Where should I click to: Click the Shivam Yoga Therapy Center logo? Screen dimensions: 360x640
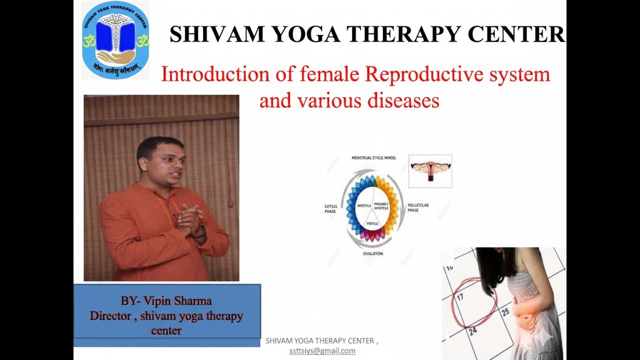click(x=115, y=40)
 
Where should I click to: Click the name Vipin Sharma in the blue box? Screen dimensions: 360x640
click(x=177, y=301)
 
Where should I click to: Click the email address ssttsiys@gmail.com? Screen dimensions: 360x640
click(x=322, y=351)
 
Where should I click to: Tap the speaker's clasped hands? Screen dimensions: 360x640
click(x=189, y=219)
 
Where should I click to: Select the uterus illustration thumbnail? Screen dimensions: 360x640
click(x=430, y=171)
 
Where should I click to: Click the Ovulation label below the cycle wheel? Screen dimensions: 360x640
click(x=373, y=254)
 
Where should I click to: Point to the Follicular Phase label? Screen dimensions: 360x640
click(x=418, y=207)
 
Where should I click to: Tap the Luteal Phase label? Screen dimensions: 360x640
click(x=330, y=208)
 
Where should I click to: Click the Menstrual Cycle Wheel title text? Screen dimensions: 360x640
click(x=373, y=158)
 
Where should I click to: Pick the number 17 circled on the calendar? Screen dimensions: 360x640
click(x=460, y=296)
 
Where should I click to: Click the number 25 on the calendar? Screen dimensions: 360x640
click(x=505, y=312)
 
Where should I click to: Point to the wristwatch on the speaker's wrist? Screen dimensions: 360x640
click(x=201, y=232)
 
